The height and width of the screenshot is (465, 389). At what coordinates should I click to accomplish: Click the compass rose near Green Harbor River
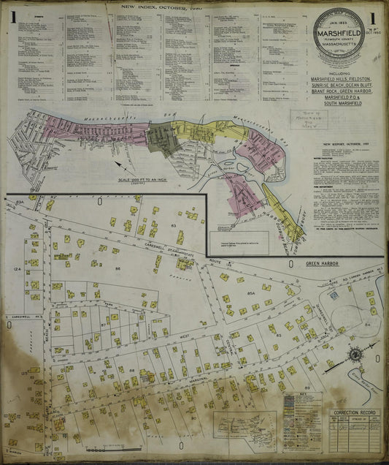pos(355,356)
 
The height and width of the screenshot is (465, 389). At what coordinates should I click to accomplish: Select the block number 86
pos(137,269)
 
